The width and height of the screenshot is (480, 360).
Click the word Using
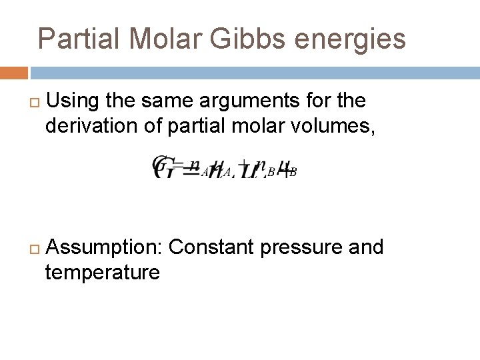[73, 101]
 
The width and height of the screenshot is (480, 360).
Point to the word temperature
[102, 272]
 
